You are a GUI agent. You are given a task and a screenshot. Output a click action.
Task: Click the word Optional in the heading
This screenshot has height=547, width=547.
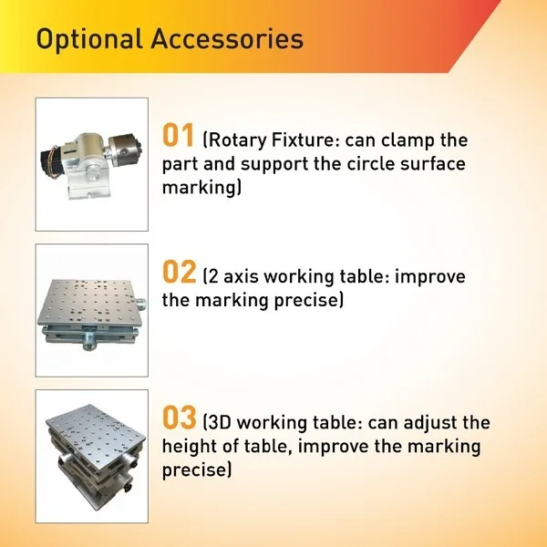coord(89,39)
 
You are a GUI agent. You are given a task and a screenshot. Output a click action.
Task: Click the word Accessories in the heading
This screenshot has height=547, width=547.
coord(227,38)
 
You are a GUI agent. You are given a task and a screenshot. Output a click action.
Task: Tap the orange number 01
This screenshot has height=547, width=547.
coord(178,135)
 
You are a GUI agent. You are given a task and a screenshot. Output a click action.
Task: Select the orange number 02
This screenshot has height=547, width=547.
coord(179,272)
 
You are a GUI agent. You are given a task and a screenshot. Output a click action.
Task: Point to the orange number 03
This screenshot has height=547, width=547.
coord(180,418)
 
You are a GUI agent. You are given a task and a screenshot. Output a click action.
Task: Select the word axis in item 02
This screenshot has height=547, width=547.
coord(241,276)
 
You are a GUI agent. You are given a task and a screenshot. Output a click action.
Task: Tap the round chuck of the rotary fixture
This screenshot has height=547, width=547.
coord(123,150)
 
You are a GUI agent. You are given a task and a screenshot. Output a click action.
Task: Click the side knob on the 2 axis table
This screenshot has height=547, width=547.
coord(141,304)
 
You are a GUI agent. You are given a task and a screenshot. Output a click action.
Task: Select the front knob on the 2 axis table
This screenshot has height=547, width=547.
coord(89,340)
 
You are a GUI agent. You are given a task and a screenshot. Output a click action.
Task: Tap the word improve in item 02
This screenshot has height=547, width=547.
coord(429,277)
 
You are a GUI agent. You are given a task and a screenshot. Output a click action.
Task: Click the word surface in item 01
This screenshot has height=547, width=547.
coord(432,164)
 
